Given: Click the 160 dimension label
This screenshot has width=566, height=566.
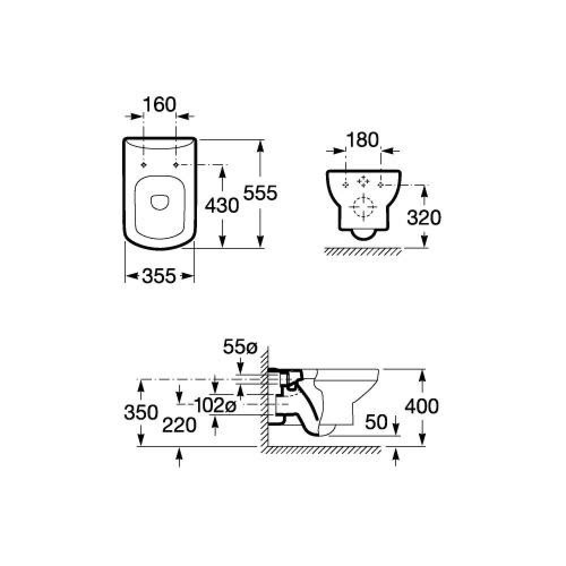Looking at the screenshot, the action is click(160, 105).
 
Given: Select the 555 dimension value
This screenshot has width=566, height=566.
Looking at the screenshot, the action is click(260, 193).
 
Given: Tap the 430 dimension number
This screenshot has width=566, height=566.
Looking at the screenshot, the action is click(222, 206).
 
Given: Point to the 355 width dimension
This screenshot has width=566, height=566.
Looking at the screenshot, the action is click(159, 276).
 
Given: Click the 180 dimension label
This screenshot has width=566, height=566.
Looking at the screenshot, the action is click(362, 140).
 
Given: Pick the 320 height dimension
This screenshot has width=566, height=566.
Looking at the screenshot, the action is click(424, 218).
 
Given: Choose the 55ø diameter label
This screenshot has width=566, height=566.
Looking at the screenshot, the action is click(240, 348).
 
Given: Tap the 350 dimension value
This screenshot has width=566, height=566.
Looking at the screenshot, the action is click(141, 412).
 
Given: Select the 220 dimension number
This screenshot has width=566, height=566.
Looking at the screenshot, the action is click(179, 425).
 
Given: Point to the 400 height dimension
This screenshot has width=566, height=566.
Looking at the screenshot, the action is click(422, 406).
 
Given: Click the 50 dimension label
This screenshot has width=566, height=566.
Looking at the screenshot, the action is click(376, 422).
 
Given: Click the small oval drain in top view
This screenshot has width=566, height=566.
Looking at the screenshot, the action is click(160, 202).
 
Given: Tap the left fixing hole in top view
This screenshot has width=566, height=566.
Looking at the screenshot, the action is click(144, 165).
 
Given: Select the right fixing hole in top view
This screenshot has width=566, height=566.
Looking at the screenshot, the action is click(176, 165).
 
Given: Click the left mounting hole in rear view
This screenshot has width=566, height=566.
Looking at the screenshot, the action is click(345, 185).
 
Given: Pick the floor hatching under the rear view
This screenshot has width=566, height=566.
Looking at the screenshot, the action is click(363, 252).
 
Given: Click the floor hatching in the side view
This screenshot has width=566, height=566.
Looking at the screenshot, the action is click(321, 450).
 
